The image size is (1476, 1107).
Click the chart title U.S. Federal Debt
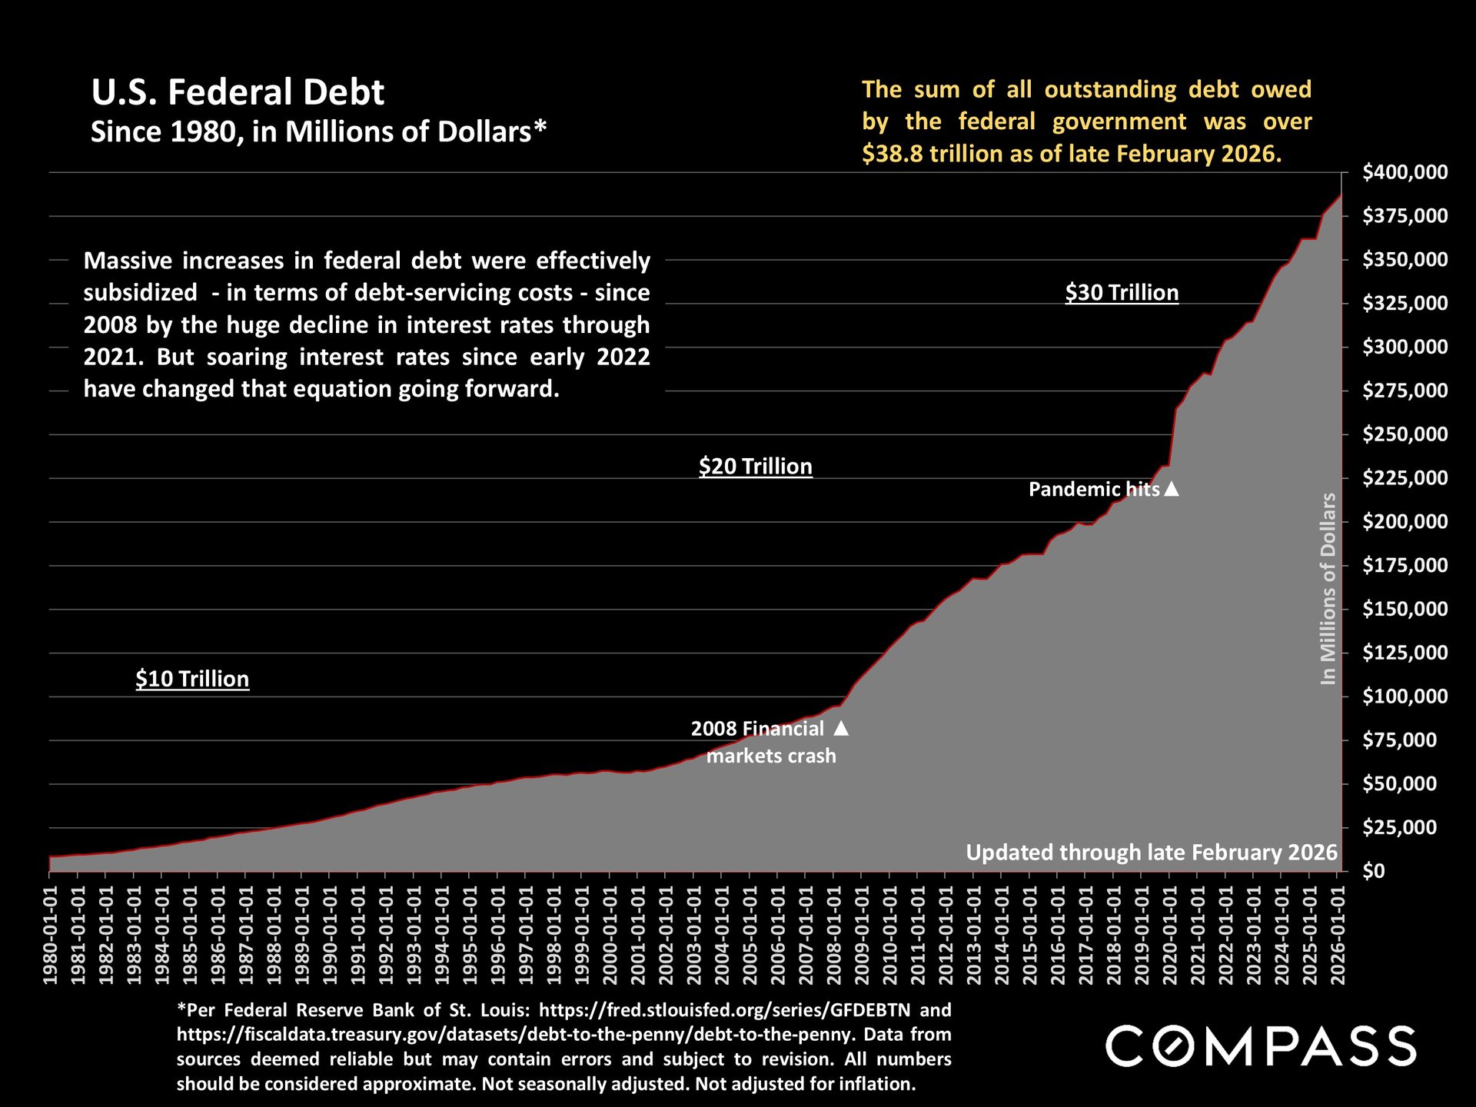pyautogui.click(x=238, y=92)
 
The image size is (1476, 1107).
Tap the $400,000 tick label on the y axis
pyautogui.click(x=1405, y=172)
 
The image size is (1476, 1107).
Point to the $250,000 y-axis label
pyautogui.click(x=1405, y=434)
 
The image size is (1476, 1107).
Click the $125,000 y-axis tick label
pyautogui.click(x=1405, y=653)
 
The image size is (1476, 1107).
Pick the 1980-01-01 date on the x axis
pyautogui.click(x=51, y=935)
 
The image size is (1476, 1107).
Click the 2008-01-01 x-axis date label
pyautogui.click(x=834, y=935)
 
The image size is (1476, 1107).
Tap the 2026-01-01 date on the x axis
pyautogui.click(x=1338, y=935)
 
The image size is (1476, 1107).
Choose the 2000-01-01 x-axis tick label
pyautogui.click(x=610, y=935)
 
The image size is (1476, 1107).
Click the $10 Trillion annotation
pyautogui.click(x=192, y=679)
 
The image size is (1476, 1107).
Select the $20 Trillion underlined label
pyautogui.click(x=755, y=466)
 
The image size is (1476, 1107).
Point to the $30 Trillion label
pyautogui.click(x=1122, y=292)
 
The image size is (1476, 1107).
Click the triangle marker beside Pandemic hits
pyautogui.click(x=1172, y=489)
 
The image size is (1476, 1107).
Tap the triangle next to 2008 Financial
pyautogui.click(x=842, y=728)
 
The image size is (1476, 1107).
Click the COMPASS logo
pyautogui.click(x=1261, y=1046)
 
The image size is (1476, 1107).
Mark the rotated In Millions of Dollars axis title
pyautogui.click(x=1328, y=588)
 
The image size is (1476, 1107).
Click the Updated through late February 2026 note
pyautogui.click(x=1152, y=853)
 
